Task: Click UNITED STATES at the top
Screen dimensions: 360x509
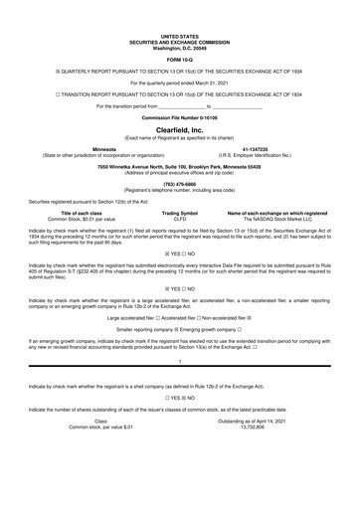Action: pos(180,8)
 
